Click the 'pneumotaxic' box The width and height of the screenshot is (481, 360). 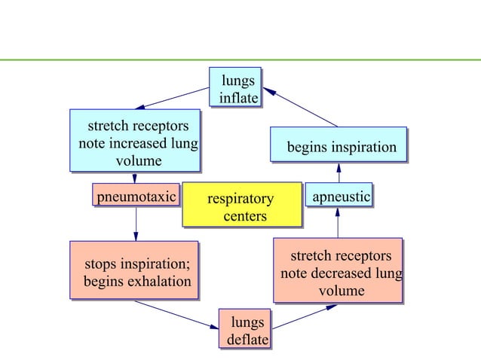coord(136,197)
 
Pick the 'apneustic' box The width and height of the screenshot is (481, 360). coord(339,197)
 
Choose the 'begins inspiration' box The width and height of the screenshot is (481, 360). coord(339,147)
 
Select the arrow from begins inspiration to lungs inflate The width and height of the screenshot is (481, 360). coord(302,107)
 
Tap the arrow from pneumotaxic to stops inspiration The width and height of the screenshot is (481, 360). coord(136,224)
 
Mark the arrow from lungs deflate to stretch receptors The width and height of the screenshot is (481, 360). coord(305,316)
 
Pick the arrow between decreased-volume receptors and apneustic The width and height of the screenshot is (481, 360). coord(339,222)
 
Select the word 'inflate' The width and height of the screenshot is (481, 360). coord(238,99)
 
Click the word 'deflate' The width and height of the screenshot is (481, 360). coord(248,340)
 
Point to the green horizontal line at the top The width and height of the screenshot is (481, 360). coord(240,59)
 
